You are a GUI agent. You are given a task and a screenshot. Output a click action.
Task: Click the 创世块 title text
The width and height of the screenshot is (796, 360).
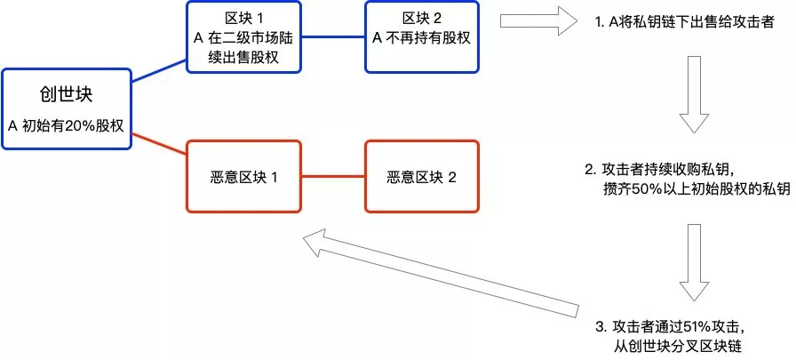(66, 95)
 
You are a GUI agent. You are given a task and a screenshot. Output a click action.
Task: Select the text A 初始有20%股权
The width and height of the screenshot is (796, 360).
(66, 126)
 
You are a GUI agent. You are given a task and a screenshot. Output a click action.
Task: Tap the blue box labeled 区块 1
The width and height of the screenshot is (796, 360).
(243, 36)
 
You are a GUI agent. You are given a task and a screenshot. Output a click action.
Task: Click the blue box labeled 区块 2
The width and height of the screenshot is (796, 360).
(421, 36)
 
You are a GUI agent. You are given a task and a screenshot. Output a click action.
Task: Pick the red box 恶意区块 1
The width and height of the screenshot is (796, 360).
(243, 176)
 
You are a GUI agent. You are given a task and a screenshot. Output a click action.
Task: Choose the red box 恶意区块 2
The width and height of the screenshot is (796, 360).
(421, 176)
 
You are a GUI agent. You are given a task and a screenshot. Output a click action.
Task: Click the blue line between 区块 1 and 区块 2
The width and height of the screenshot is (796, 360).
(333, 36)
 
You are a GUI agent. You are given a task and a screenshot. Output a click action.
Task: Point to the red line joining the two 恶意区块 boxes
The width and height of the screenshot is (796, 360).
(333, 176)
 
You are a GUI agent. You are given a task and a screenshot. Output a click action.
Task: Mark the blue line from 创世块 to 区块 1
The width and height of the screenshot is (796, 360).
(159, 70)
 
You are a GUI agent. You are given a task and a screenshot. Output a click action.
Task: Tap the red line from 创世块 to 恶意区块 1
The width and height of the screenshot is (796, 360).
(159, 143)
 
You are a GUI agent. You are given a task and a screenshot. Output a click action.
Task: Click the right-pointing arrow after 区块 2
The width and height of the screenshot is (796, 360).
(539, 20)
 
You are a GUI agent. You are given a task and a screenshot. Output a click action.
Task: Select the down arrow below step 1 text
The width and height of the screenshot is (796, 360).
(694, 94)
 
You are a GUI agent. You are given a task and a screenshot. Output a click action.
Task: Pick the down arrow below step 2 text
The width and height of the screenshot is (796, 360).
(694, 262)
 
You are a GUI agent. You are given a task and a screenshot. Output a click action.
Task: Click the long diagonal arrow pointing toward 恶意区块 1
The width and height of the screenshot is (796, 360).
(441, 273)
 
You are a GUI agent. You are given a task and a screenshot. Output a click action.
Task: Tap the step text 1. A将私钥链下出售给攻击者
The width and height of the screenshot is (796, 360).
(684, 23)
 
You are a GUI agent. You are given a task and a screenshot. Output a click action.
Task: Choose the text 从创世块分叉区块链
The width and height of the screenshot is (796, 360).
(677, 347)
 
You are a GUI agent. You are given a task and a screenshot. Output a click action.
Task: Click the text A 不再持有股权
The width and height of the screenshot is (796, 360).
(421, 38)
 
